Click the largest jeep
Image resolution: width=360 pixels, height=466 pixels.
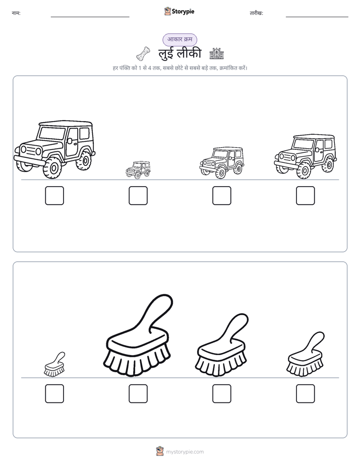coord(54,149)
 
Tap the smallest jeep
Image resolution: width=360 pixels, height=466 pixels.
coord(138,169)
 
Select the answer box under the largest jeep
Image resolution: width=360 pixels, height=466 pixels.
coord(54,196)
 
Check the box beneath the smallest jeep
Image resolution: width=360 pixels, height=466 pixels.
coord(138,196)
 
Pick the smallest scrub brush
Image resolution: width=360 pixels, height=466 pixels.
coord(54,365)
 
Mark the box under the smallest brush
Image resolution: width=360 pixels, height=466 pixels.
coord(54,393)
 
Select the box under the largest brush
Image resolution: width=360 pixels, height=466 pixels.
coord(138,393)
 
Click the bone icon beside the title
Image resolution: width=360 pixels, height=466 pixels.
coord(143,54)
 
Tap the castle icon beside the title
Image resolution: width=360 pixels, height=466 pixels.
coord(216,54)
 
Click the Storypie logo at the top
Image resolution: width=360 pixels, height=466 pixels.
coord(179,11)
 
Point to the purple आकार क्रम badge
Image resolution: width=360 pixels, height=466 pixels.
coord(179,39)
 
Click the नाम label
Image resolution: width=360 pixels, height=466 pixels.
coord(16,13)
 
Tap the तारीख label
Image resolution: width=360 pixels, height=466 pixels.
coord(256,13)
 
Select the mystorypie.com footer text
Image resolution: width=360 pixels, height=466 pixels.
coord(185,452)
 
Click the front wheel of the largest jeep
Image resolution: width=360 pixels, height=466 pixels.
coord(53,168)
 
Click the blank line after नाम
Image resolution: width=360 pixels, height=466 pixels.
coord(90,17)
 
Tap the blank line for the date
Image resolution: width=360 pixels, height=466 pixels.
coord(317,17)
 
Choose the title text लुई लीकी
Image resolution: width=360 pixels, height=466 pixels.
coord(179,53)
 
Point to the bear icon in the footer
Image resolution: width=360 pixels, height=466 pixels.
coord(160,451)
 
